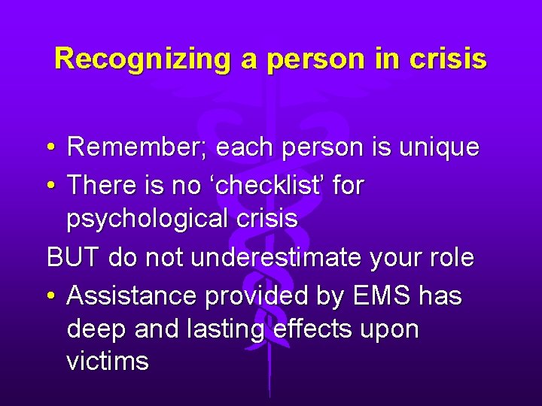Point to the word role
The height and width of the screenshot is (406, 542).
[x=450, y=258]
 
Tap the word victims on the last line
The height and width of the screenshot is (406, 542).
[x=108, y=362]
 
